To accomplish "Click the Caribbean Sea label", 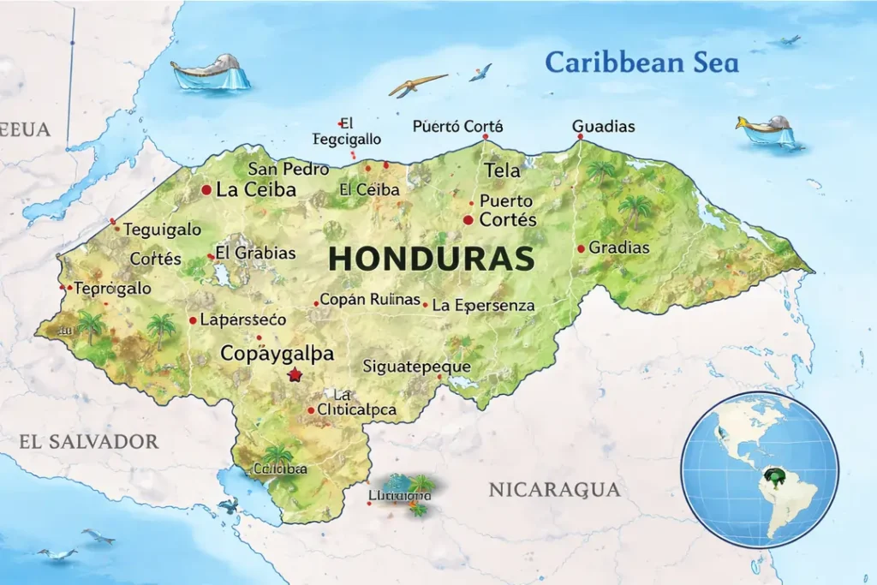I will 641,63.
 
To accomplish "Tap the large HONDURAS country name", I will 432,259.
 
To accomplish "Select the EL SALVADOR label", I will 89,442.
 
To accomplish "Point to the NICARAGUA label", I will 554,490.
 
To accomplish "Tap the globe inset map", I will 759,469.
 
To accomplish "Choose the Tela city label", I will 502,170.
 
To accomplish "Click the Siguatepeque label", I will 417,367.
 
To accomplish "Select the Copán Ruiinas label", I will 370,301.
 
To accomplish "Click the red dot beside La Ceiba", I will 206,190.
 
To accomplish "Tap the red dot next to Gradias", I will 581,248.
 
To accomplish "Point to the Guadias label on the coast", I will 603,127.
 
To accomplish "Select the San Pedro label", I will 288,169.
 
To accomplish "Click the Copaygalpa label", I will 277,353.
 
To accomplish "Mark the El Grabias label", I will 255,253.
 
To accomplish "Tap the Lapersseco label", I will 242,319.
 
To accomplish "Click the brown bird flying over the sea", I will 417,84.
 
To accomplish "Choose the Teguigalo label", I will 163,230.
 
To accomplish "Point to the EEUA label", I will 25,130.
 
